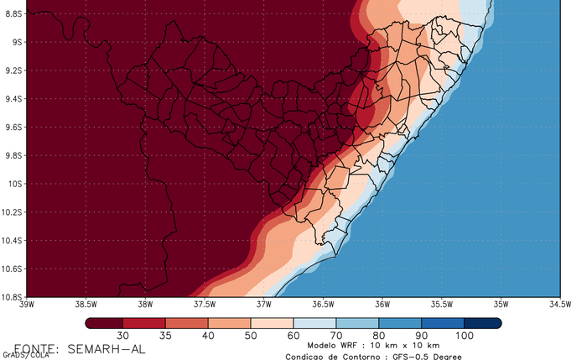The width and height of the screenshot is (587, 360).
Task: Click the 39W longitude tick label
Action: [x=27, y=305]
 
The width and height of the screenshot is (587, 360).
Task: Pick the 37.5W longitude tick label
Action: [x=205, y=305]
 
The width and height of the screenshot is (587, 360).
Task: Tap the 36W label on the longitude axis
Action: [x=382, y=305]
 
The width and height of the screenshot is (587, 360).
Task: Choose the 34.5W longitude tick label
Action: [x=559, y=305]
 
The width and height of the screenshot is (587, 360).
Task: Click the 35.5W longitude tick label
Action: [x=442, y=305]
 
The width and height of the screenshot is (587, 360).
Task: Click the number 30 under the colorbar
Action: [x=123, y=336]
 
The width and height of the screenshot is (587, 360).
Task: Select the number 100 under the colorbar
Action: [x=464, y=336]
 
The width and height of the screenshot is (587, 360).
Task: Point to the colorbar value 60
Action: [x=293, y=336]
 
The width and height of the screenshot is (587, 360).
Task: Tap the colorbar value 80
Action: [x=378, y=336]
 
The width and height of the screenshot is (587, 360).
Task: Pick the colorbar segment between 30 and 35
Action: [x=144, y=322]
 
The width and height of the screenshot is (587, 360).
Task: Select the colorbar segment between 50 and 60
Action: [x=272, y=322]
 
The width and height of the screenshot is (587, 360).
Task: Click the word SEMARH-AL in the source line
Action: [x=104, y=348]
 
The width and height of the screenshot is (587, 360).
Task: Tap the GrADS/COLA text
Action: [x=25, y=355]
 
